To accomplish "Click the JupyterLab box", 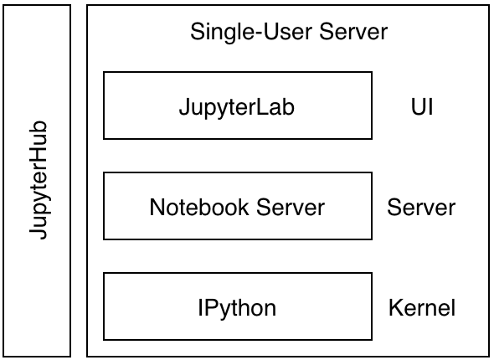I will point(237,105).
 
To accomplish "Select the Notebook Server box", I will point(237,206).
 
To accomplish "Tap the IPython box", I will point(237,306).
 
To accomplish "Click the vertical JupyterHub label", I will point(38,181).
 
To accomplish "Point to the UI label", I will point(421,107).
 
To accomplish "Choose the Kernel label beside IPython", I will point(421,308).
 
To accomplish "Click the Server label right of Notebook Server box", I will point(421,208).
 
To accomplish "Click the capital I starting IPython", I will point(201,307).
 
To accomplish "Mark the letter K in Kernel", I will point(394,308).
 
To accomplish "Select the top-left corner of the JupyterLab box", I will point(104,72).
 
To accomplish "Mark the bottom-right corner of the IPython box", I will point(372,339).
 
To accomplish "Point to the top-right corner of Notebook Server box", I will point(372,172).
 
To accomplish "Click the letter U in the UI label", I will point(417,107).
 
